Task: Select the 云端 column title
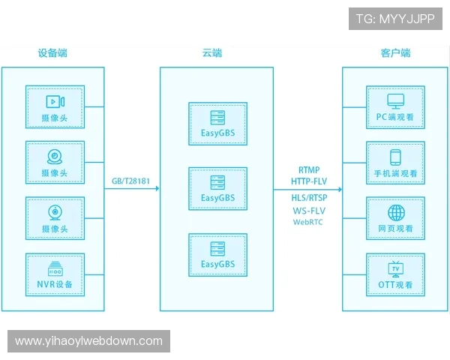[212, 53]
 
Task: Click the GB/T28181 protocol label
[131, 180]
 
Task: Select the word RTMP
[308, 170]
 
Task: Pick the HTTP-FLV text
[308, 181]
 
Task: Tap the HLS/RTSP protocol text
[308, 198]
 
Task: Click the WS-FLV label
[308, 211]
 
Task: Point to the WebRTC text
[308, 222]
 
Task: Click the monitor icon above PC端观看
[395, 100]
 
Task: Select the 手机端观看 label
[395, 173]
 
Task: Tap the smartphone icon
[395, 157]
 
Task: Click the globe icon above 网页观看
[395, 212]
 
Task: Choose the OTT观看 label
[395, 285]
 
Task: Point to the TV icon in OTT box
[395, 268]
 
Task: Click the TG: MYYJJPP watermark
[394, 19]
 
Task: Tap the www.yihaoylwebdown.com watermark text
[88, 341]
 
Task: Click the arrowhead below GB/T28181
[156, 189]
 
